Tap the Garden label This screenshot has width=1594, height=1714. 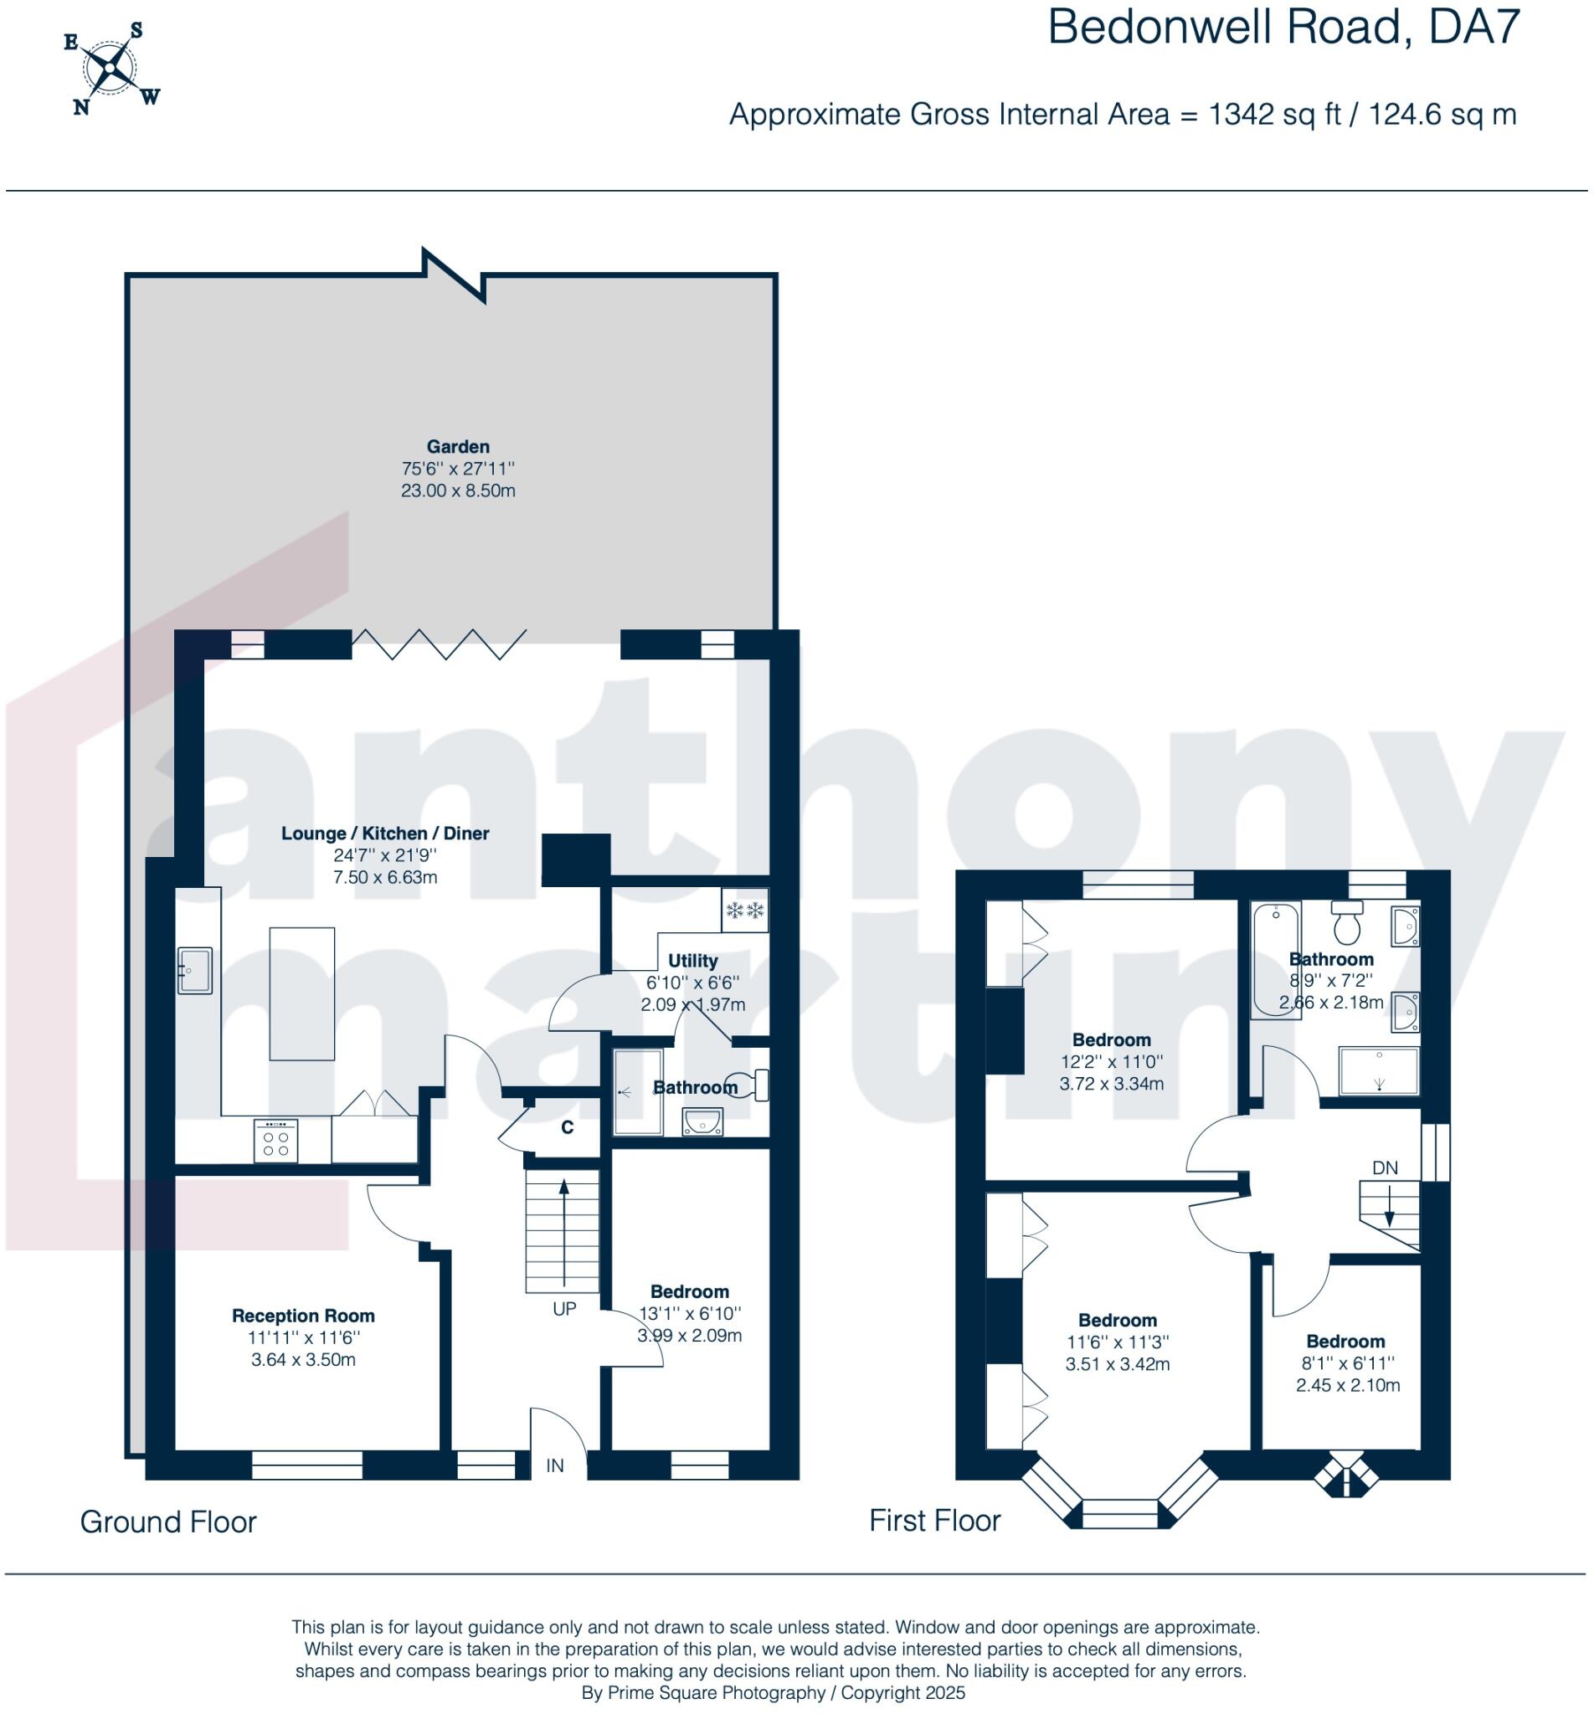click(x=457, y=447)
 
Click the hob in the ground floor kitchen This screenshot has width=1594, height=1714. click(x=276, y=1142)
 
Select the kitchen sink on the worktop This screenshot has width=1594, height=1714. click(x=195, y=971)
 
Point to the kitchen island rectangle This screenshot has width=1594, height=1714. click(x=302, y=993)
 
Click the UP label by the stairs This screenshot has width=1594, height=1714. click(x=564, y=1309)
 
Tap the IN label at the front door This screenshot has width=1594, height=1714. click(x=554, y=1465)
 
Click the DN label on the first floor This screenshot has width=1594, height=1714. click(x=1385, y=1168)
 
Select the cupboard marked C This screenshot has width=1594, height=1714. click(x=568, y=1127)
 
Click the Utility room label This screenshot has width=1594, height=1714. click(x=692, y=961)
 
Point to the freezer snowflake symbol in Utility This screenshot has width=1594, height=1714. click(x=745, y=911)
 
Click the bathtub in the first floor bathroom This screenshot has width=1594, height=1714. click(x=1276, y=961)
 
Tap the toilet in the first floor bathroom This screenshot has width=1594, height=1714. click(x=1346, y=923)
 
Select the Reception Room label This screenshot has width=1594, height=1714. click(x=303, y=1316)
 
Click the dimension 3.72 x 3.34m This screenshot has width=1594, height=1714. click(x=1111, y=1084)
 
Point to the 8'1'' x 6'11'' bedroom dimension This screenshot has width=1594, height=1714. click(x=1346, y=1363)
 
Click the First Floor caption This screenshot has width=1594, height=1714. click(x=934, y=1520)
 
